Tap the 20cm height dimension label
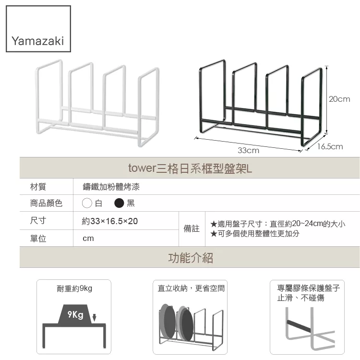339,99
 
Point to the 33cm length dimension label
249,150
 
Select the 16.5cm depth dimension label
330,146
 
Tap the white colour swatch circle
87,203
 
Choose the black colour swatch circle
120,203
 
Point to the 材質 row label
38,187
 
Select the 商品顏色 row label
46,203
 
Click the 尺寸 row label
38,221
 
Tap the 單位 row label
38,239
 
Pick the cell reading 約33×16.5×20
110,221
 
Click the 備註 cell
192,229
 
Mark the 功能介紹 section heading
190,258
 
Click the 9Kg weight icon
75,314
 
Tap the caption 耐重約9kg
74,288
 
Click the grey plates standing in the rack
176,323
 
